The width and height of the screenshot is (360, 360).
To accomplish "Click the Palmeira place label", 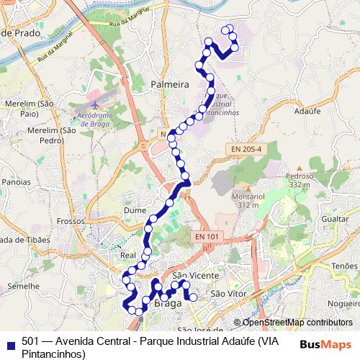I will tap(170, 85).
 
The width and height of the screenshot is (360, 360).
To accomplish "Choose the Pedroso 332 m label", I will tap(300, 179).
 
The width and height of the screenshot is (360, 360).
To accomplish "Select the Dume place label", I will tap(135, 210).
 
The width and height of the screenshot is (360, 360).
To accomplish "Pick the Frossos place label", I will tap(71, 222).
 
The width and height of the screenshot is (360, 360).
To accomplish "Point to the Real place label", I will tap(128, 255).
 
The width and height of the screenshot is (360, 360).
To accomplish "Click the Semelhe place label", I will tap(21, 286).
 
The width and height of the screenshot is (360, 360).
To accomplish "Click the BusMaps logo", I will tap(325, 343).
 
